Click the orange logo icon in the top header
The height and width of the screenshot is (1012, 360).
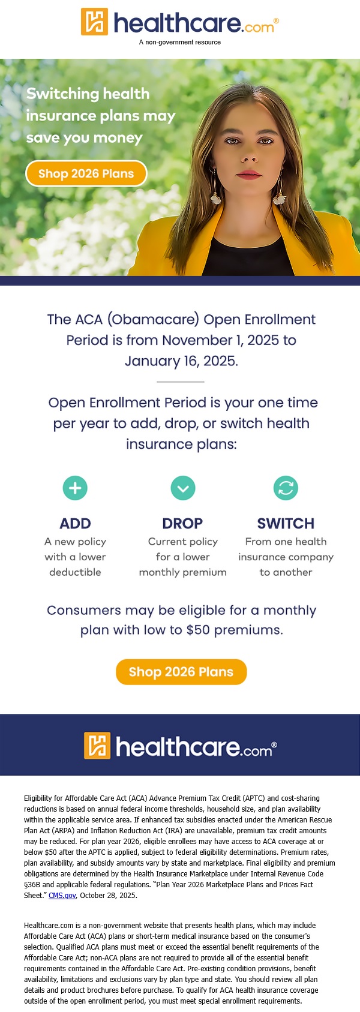pyautogui.click(x=94, y=21)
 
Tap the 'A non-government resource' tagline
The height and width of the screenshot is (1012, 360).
pyautogui.click(x=180, y=42)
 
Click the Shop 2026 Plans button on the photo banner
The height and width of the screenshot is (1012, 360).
pyautogui.click(x=86, y=173)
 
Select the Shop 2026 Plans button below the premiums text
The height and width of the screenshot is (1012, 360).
pyautogui.click(x=181, y=672)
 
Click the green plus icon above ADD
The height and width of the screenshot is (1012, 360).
pyautogui.click(x=75, y=488)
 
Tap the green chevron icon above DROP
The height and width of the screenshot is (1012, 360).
pyautogui.click(x=183, y=488)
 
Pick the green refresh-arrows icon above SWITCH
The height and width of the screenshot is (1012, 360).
pyautogui.click(x=286, y=488)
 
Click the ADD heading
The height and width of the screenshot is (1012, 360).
pyautogui.click(x=75, y=523)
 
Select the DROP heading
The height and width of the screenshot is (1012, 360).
pyautogui.click(x=182, y=523)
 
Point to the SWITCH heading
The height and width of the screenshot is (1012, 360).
pyautogui.click(x=286, y=523)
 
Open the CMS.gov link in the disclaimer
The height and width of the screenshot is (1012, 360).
pyautogui.click(x=62, y=895)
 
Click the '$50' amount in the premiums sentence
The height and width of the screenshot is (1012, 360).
pyautogui.click(x=198, y=630)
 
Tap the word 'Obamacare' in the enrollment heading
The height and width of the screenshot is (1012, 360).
pyautogui.click(x=153, y=319)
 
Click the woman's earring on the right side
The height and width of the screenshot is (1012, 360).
pyautogui.click(x=280, y=190)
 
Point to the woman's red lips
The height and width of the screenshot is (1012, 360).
pyautogui.click(x=248, y=175)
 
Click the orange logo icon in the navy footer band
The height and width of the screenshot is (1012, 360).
pyautogui.click(x=97, y=746)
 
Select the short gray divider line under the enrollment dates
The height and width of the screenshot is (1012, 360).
pyautogui.click(x=181, y=382)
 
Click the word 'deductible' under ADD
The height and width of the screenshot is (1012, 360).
pyautogui.click(x=75, y=572)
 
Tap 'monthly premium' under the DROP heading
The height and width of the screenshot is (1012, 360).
pyautogui.click(x=183, y=572)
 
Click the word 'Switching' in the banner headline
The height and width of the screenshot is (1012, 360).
pyautogui.click(x=56, y=94)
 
